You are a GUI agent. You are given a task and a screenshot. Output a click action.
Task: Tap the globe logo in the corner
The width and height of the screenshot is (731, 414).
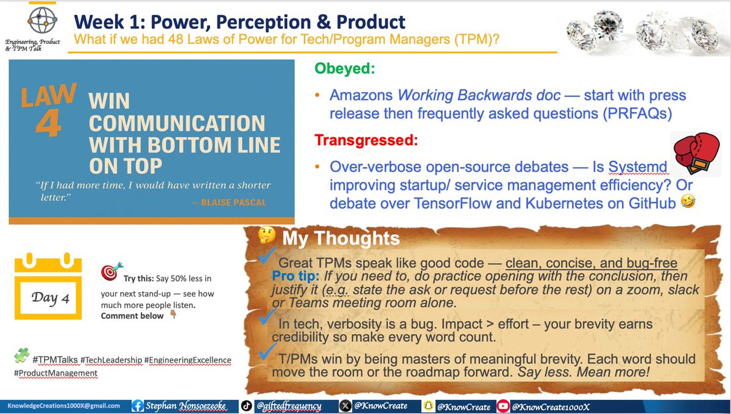click(29, 22)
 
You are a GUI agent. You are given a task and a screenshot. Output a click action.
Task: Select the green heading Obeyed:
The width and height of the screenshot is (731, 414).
click(344, 69)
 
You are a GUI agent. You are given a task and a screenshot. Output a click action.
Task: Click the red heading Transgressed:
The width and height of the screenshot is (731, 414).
click(366, 140)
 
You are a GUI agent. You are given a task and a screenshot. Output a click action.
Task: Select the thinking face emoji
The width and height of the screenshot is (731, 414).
click(266, 237)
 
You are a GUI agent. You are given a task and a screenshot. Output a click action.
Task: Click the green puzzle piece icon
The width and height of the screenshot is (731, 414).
click(22, 355)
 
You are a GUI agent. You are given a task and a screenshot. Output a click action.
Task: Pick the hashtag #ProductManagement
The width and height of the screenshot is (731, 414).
click(54, 373)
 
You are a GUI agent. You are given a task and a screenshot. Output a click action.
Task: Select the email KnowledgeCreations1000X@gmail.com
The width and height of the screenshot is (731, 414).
click(63, 405)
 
